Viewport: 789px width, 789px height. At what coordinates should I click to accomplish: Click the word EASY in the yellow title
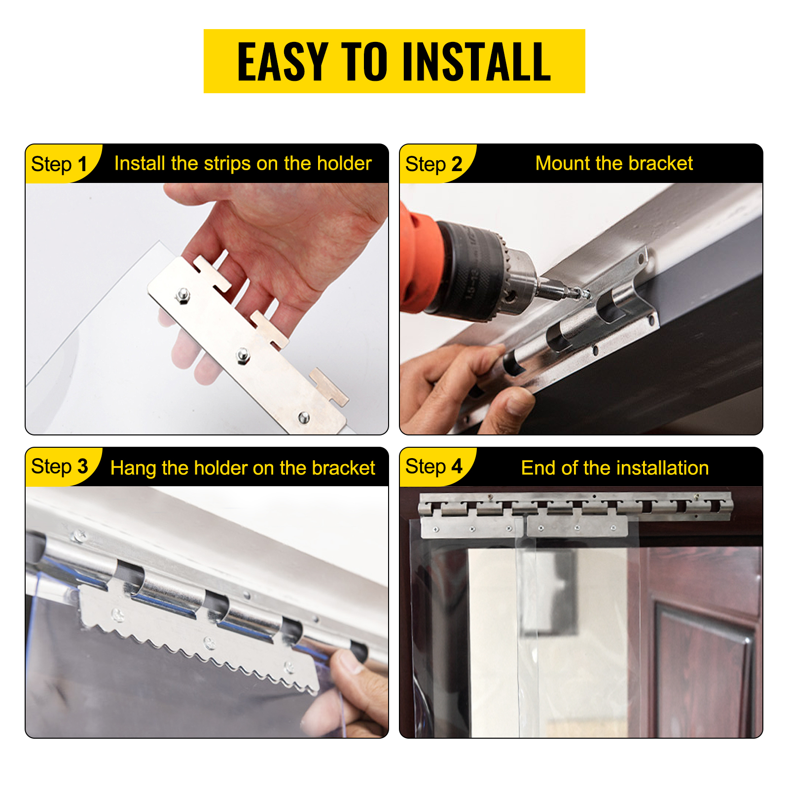[283, 61]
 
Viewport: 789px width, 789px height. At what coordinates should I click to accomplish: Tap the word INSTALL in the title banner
[477, 61]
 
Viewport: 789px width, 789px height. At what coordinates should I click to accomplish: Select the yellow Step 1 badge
[62, 164]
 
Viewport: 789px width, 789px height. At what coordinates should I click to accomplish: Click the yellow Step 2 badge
[436, 164]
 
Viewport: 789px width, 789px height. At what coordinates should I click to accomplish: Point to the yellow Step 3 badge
[62, 466]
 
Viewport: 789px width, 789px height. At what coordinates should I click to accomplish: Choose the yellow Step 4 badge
[436, 466]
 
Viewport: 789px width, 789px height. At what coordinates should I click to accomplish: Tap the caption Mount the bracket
[614, 163]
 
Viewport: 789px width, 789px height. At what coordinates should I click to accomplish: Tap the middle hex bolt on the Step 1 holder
[242, 355]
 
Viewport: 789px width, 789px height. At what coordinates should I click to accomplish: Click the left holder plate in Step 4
[472, 527]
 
